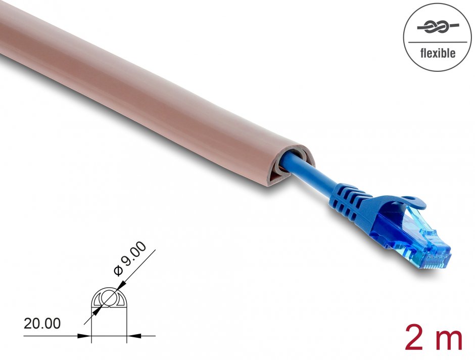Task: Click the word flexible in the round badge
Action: pyautogui.click(x=437, y=53)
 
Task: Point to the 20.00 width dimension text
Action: pyautogui.click(x=42, y=324)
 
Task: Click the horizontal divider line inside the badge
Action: pyautogui.click(x=437, y=41)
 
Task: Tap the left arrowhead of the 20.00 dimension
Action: pyautogui.click(x=87, y=335)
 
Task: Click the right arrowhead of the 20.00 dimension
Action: pyautogui.click(x=130, y=335)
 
